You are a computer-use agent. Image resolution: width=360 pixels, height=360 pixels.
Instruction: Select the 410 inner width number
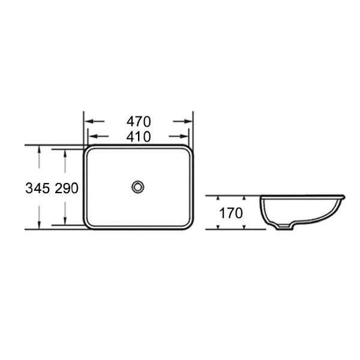pos(138,136)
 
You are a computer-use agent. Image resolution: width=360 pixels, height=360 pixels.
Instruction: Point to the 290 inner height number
pos(67,188)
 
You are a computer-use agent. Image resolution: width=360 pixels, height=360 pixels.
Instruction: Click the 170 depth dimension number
pos(230,212)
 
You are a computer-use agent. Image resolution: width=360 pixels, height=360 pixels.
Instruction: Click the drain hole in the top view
pos(138,186)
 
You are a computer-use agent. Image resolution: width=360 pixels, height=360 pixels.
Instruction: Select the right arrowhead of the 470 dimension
pos(190,121)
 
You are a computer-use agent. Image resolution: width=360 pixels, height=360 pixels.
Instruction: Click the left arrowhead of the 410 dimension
pos(91,136)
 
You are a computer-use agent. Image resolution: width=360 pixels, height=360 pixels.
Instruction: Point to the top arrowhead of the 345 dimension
pos(39,149)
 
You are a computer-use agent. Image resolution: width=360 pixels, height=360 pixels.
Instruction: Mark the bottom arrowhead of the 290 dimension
pos(65,222)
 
